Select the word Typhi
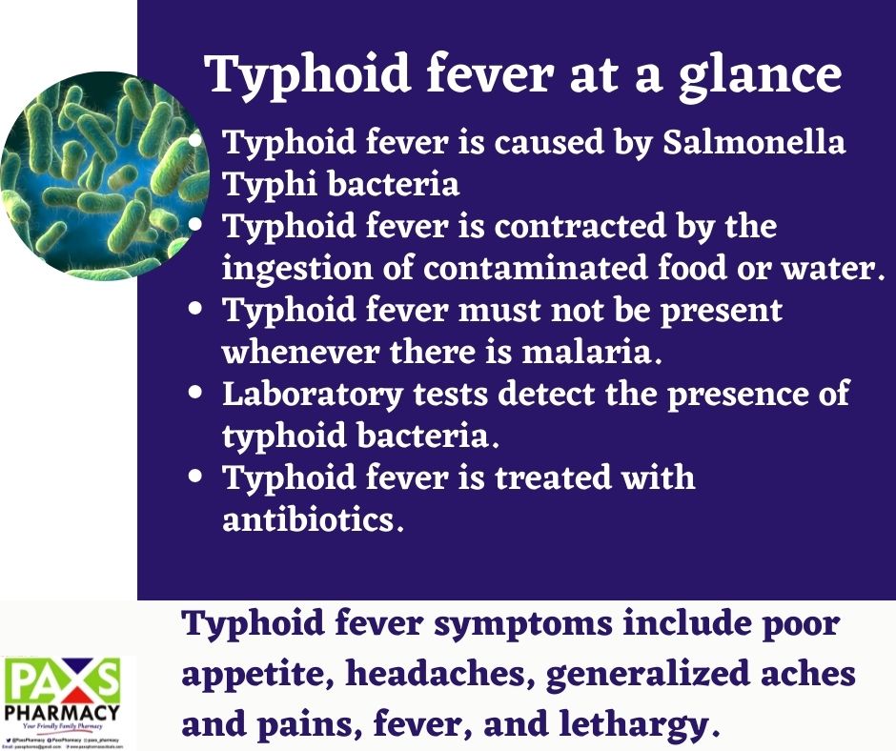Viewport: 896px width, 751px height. pos(268,184)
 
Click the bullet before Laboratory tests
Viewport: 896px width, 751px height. pos(197,392)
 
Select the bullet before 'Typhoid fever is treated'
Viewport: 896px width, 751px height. pos(197,477)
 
